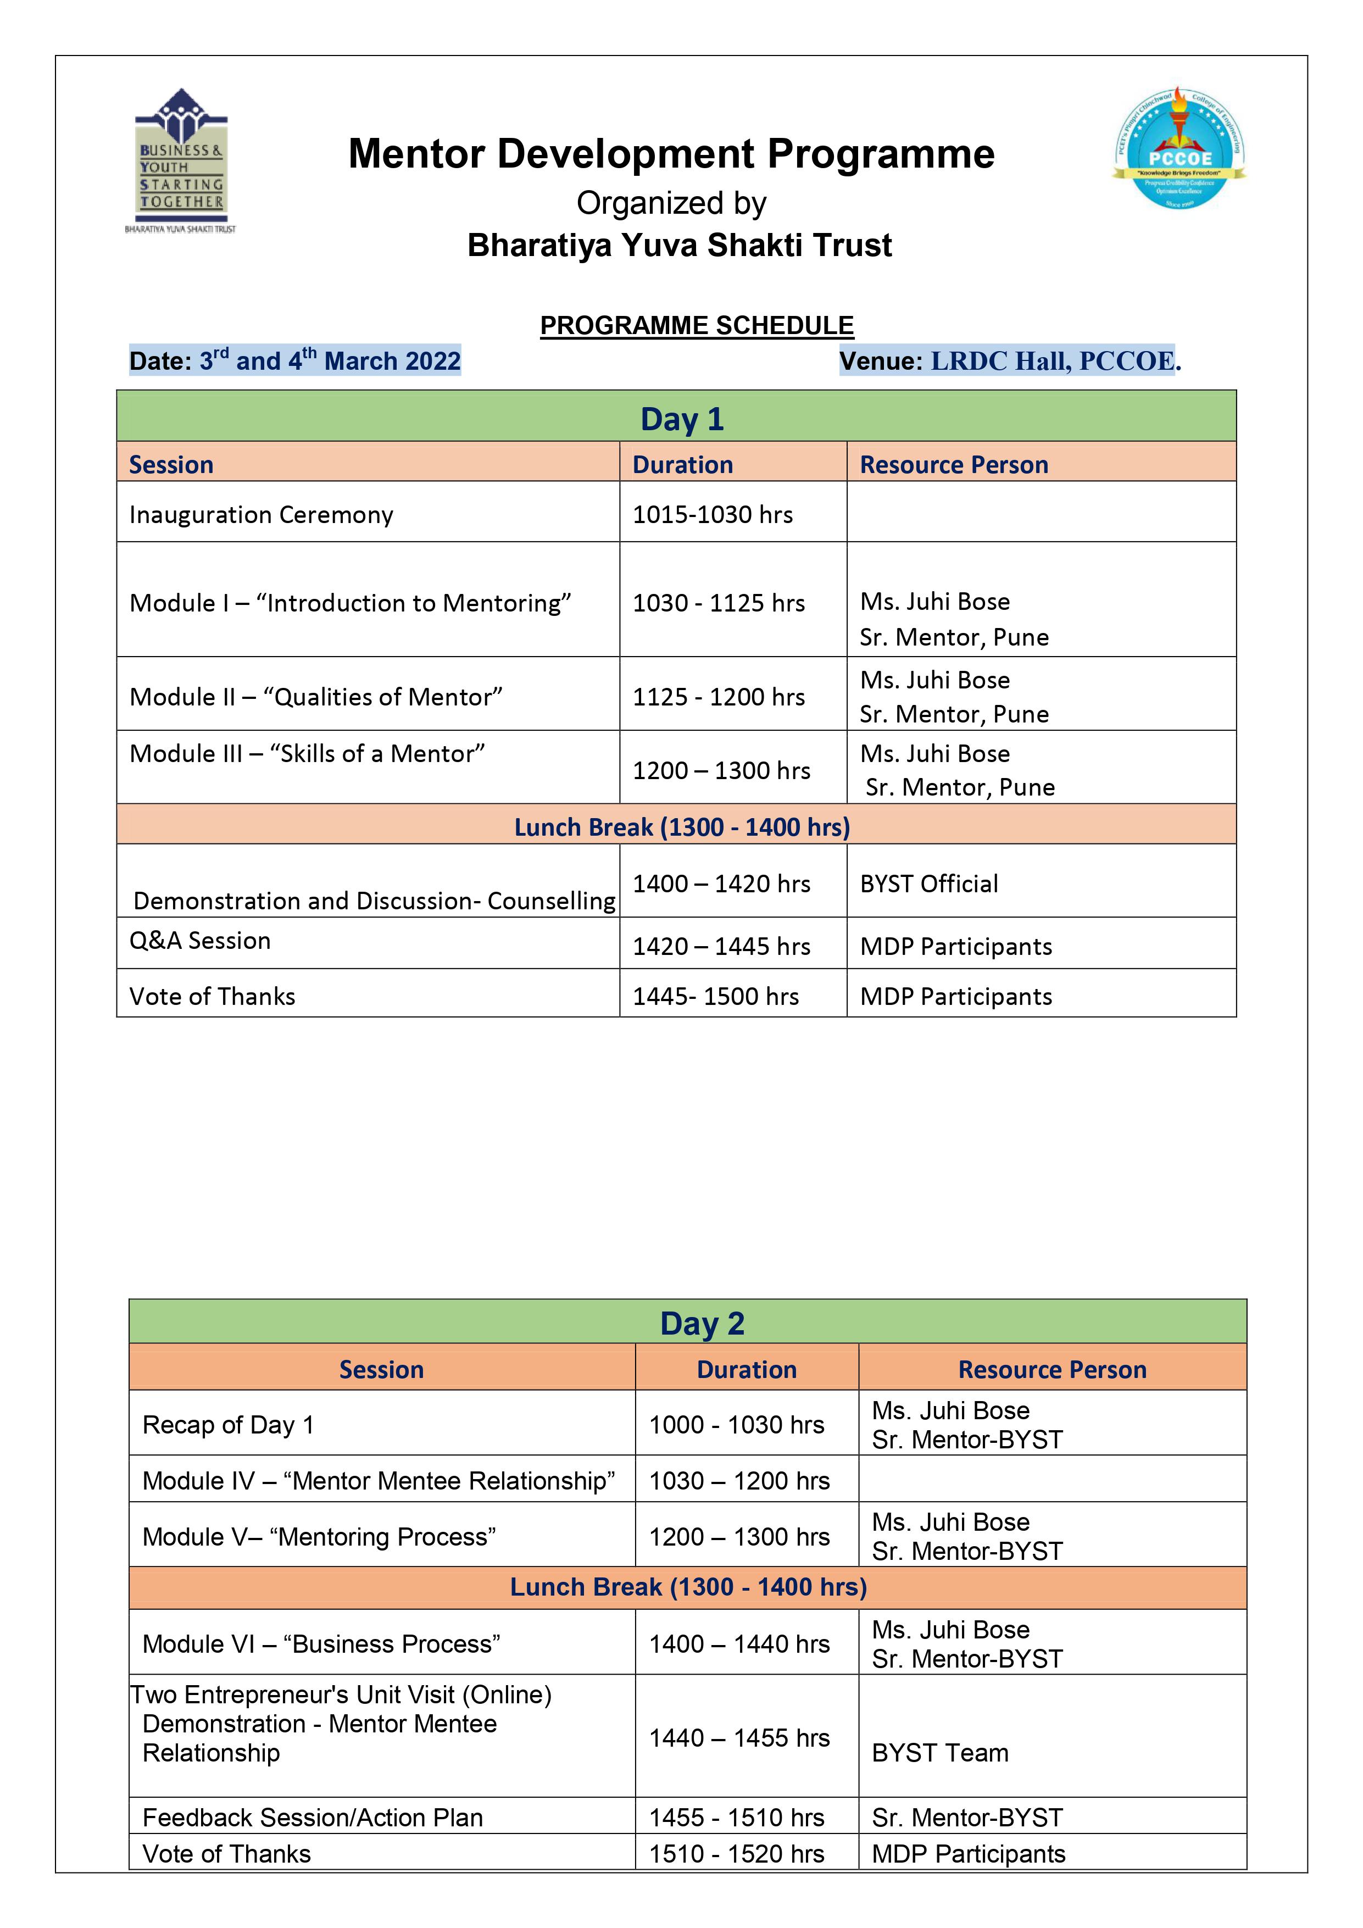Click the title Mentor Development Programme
671,154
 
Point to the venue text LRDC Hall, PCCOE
1056,361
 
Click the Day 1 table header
681,418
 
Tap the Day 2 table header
702,1323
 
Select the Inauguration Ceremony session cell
261,515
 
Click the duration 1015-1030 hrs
712,515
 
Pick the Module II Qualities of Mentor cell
316,697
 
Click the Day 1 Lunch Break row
681,827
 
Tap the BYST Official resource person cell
929,884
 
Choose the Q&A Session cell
200,941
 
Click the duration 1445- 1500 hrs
715,997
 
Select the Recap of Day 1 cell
227,1425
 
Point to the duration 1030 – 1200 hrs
739,1480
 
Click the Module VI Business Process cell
321,1643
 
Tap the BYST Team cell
940,1753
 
